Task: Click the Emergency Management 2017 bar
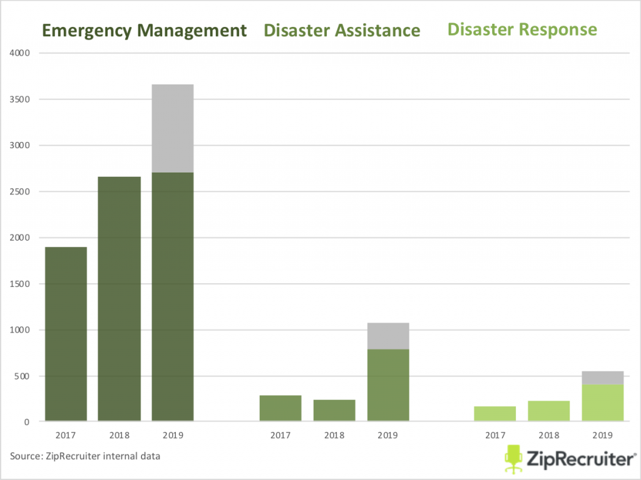coord(66,334)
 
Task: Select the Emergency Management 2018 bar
coord(119,299)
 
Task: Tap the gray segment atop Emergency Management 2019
coord(172,128)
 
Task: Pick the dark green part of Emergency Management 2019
coord(172,296)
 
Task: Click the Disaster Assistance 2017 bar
coord(280,408)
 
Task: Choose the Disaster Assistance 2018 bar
coord(334,410)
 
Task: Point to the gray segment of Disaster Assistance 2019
coord(388,336)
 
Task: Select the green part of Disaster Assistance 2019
coord(388,385)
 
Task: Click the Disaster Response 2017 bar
coord(495,414)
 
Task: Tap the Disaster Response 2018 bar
coord(549,411)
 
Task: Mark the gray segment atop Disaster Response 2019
coord(603,377)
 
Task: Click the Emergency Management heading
coord(144,31)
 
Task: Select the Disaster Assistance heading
coord(342,31)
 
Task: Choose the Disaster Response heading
coord(522,29)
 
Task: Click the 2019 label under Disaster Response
coord(603,434)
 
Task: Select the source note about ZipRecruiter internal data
coord(85,456)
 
